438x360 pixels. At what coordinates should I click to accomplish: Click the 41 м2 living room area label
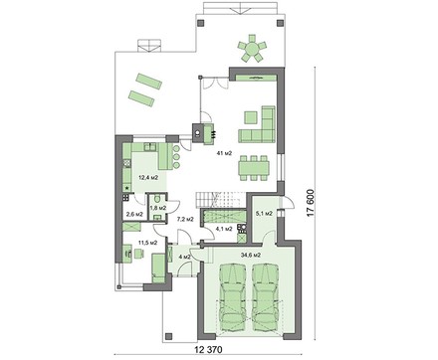click(x=224, y=153)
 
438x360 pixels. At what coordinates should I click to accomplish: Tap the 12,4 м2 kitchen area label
click(x=148, y=178)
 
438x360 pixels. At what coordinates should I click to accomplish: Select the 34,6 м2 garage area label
click(x=250, y=256)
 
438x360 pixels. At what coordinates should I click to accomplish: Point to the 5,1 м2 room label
click(x=265, y=214)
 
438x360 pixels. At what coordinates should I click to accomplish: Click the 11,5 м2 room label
click(x=147, y=243)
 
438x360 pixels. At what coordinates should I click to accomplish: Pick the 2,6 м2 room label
click(x=134, y=215)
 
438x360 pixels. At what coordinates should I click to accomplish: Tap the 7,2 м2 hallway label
click(x=185, y=219)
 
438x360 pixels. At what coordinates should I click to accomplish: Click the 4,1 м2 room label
click(x=224, y=229)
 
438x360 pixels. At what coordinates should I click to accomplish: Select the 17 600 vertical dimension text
click(x=311, y=203)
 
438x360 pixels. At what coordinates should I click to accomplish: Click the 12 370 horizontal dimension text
click(x=208, y=350)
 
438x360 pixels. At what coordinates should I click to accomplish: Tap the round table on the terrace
click(x=252, y=49)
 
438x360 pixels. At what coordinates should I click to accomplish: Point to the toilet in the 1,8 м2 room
click(x=157, y=199)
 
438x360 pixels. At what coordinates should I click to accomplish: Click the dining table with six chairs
click(x=254, y=168)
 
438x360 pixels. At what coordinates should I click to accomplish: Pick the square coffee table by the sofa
click(x=251, y=117)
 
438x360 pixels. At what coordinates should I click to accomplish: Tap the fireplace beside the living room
click(x=203, y=133)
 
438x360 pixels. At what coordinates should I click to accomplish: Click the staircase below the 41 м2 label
click(x=220, y=200)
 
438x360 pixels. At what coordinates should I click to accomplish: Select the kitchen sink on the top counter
click(x=150, y=146)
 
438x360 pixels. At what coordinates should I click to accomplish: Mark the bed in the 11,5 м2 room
click(x=158, y=268)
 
